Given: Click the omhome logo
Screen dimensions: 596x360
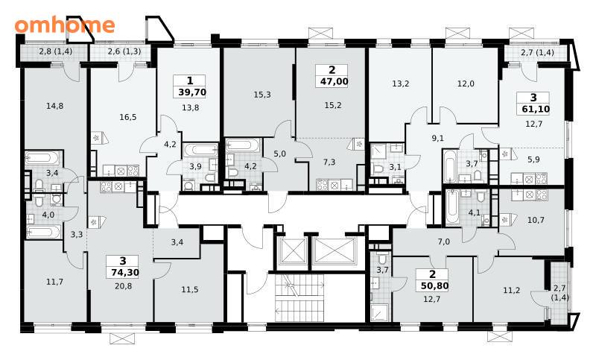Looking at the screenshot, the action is (65, 25).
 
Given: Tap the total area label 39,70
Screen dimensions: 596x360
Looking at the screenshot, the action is (192, 92).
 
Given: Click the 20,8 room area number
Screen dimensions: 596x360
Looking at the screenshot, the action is (123, 285).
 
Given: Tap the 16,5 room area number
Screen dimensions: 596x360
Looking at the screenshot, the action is (127, 117).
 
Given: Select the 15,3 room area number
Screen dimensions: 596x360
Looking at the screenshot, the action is (262, 94).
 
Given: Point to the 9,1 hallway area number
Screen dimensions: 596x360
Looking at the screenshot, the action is (438, 139).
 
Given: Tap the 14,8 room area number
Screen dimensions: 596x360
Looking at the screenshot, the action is (54, 106).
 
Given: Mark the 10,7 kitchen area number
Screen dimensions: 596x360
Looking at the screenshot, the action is (536, 220).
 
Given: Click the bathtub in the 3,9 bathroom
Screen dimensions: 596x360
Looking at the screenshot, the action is (200, 149).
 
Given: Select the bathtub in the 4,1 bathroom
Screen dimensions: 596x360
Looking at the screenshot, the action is (452, 206).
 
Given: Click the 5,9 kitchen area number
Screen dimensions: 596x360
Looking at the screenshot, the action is (533, 160).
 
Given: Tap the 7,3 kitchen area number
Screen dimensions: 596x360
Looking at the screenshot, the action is (329, 162).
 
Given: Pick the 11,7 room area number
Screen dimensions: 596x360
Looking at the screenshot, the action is (54, 282).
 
